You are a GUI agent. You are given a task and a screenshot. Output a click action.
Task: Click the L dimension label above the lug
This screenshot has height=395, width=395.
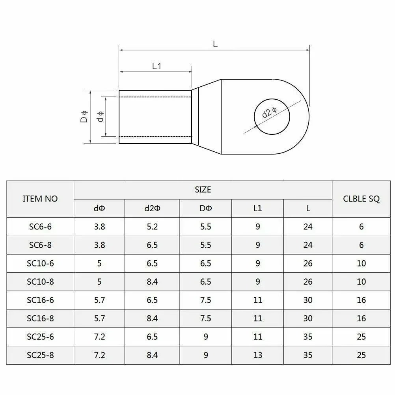point(215,44)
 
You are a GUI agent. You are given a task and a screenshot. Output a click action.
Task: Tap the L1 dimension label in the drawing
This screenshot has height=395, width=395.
point(157,66)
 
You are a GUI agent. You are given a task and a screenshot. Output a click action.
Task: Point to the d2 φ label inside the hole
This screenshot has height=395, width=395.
point(269,113)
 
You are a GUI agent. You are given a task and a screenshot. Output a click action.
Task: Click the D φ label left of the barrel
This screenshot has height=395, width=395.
point(84,117)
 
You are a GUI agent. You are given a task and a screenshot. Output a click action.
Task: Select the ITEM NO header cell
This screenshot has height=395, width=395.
point(40,199)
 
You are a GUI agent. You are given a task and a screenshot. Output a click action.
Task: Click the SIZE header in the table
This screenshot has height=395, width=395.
point(203,190)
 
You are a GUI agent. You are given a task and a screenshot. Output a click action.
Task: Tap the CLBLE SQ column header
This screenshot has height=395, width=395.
point(361,199)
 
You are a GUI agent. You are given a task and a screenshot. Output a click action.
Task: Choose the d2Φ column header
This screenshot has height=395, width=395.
point(152,208)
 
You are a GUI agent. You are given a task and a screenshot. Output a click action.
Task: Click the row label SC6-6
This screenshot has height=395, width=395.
point(40,227)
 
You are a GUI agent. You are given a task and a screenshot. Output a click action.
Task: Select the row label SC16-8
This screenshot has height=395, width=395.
point(40,319)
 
